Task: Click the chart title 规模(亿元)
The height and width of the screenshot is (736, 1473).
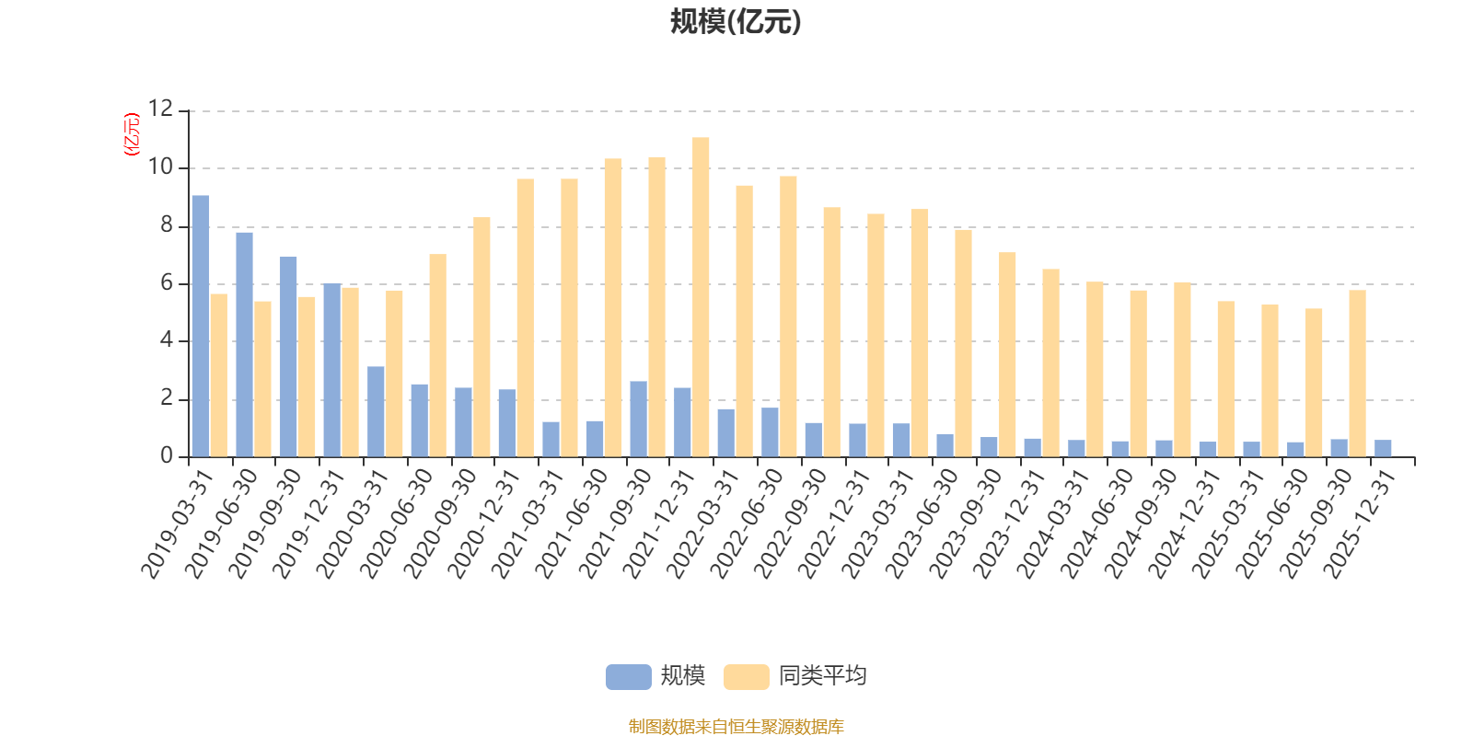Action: coord(736,22)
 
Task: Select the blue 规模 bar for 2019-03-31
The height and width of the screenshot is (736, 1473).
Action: coord(201,326)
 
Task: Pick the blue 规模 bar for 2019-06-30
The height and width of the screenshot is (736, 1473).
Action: coord(244,344)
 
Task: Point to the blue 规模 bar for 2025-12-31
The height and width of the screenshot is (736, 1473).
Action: coord(1383,448)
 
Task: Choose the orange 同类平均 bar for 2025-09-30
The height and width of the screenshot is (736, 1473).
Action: coord(1357,373)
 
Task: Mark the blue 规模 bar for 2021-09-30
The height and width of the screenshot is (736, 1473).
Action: coord(638,419)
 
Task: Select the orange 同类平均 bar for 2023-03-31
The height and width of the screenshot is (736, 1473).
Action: coord(920,332)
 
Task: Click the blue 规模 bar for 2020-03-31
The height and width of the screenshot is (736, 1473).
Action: coord(376,411)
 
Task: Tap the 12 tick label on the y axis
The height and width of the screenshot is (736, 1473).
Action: coord(160,109)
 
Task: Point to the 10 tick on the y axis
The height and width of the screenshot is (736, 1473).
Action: coord(160,167)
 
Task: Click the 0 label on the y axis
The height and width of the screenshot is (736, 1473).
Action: coord(166,456)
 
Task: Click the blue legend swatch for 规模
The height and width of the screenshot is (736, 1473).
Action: coord(628,677)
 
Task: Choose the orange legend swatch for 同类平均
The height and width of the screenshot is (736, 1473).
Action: coord(746,677)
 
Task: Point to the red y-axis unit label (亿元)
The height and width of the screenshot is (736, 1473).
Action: coord(132,134)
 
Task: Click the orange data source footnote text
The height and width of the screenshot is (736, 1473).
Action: coord(736,727)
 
